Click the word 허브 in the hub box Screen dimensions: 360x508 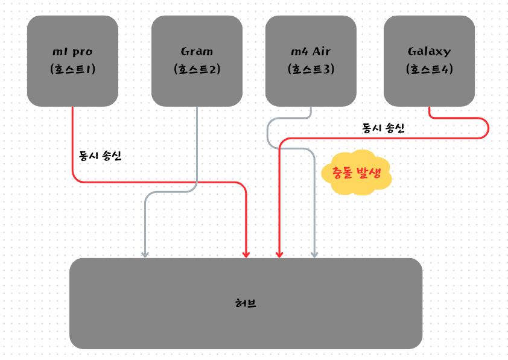tap(246, 303)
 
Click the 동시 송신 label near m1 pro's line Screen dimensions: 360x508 tap(100, 156)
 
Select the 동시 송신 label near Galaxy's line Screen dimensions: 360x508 tap(383, 128)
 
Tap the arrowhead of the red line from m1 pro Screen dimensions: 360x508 tap(246, 254)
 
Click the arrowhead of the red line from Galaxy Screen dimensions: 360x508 tap(279, 254)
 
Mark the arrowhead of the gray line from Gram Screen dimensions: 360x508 tap(145, 254)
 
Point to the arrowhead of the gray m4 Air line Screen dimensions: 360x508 tap(314, 254)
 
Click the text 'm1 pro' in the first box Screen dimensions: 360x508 tap(73, 51)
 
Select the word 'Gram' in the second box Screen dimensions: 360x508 tap(197, 51)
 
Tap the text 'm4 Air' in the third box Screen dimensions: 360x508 tap(311, 51)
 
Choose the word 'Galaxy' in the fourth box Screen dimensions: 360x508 tap(429, 51)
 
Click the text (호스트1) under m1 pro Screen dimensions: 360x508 tap(73, 69)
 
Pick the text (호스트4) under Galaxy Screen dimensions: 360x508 tap(429, 69)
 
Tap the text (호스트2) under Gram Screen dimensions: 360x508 tap(197, 69)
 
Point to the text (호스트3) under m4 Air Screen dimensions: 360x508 tap(311, 69)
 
